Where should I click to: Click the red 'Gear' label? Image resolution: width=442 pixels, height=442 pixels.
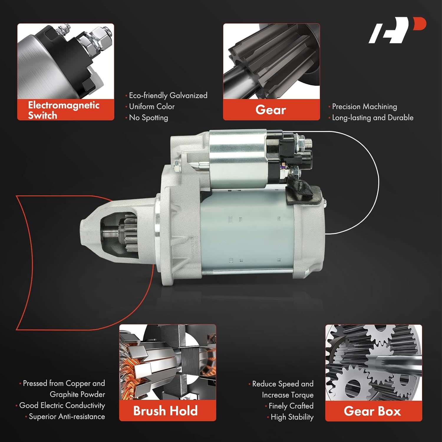click(271, 110)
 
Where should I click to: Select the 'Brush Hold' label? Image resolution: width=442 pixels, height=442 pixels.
click(166, 411)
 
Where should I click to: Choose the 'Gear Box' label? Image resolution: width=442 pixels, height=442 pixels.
click(372, 411)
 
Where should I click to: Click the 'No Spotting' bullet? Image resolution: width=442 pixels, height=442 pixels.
click(148, 118)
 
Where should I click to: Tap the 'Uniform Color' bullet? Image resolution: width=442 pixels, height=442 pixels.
click(151, 106)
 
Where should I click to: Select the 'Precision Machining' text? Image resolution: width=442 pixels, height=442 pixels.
click(364, 106)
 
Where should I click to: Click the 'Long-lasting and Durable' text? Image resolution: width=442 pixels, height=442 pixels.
click(372, 118)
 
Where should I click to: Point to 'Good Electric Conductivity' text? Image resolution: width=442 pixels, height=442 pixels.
click(62, 405)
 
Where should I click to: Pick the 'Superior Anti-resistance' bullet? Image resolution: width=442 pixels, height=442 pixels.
click(67, 417)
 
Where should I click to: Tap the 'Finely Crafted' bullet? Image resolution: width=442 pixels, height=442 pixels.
click(291, 406)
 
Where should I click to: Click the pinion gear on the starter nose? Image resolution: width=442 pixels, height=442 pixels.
click(130, 233)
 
